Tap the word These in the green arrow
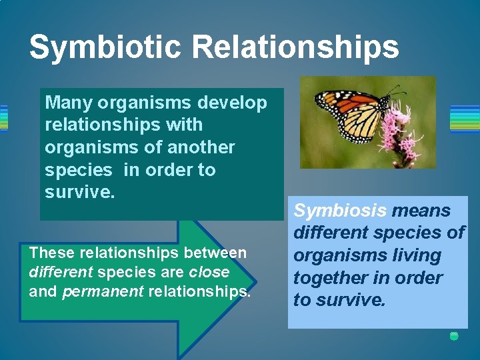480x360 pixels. pos(52,253)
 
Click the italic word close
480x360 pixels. pos(209,272)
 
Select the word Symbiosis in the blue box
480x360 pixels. pos(340,211)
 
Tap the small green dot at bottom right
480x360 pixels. pos(454,336)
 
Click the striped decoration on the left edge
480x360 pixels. pos(3,119)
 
